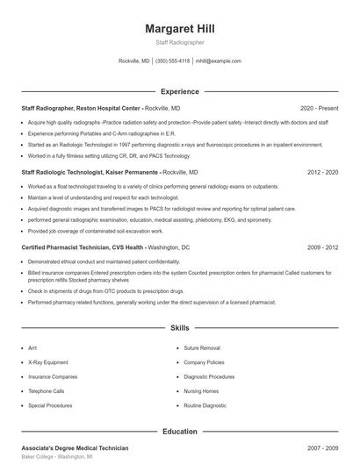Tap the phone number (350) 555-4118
(x=172, y=61)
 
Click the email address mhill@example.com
(x=218, y=61)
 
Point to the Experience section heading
(x=179, y=91)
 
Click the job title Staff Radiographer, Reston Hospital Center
(x=82, y=108)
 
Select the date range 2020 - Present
(x=319, y=108)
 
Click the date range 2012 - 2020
(x=322, y=173)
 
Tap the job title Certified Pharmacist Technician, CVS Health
(x=83, y=248)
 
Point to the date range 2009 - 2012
(x=322, y=248)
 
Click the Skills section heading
(x=179, y=327)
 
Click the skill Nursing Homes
(x=202, y=391)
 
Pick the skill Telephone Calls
(x=46, y=391)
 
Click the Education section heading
(x=179, y=432)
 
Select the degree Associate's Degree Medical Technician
(x=75, y=448)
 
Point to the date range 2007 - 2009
(x=322, y=448)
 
